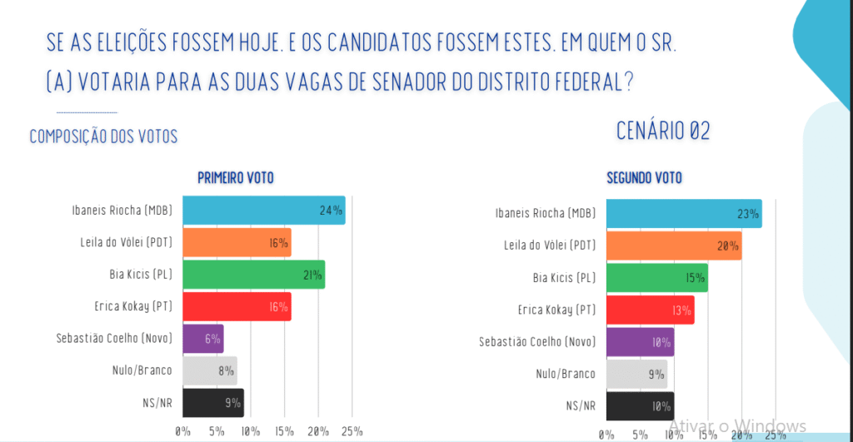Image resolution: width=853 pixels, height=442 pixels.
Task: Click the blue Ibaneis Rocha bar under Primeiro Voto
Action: (263, 210)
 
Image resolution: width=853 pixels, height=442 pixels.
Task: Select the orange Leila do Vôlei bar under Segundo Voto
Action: (673, 246)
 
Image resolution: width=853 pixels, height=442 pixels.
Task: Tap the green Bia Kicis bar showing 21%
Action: (253, 275)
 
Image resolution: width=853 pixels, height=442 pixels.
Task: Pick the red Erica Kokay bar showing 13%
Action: (650, 310)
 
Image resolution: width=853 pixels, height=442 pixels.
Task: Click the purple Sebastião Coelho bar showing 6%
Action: (202, 339)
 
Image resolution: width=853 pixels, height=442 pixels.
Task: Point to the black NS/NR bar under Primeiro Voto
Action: (213, 403)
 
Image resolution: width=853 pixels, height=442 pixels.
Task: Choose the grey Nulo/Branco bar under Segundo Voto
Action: (636, 374)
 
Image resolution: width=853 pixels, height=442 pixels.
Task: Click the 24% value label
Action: (331, 211)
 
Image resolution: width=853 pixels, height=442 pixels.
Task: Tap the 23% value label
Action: (747, 214)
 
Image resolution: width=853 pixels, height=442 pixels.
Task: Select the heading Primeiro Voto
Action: (235, 177)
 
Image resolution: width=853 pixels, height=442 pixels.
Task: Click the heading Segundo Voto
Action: (644, 177)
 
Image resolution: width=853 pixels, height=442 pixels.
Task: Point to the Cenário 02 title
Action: (663, 131)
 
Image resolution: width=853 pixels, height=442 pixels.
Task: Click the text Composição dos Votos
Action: (103, 137)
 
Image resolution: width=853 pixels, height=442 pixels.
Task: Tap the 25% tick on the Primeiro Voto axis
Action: (352, 431)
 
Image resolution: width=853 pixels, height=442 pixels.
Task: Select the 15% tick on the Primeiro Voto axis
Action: (284, 431)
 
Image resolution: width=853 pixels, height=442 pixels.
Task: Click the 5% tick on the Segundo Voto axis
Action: (640, 435)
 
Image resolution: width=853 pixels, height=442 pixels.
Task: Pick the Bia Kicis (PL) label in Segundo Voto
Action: (564, 278)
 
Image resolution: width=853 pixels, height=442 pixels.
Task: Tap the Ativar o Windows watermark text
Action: (736, 425)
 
